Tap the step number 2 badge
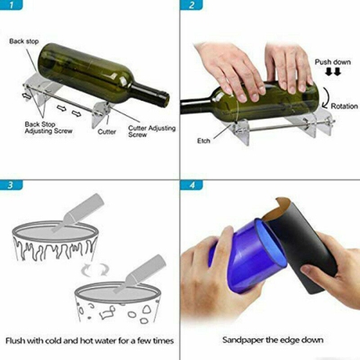[x=192, y=6]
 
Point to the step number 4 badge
[x=192, y=185]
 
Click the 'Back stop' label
[x=23, y=41]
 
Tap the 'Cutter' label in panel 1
[x=107, y=132]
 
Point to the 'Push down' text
[x=332, y=62]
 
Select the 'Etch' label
[x=204, y=141]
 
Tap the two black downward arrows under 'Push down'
[x=332, y=73]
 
